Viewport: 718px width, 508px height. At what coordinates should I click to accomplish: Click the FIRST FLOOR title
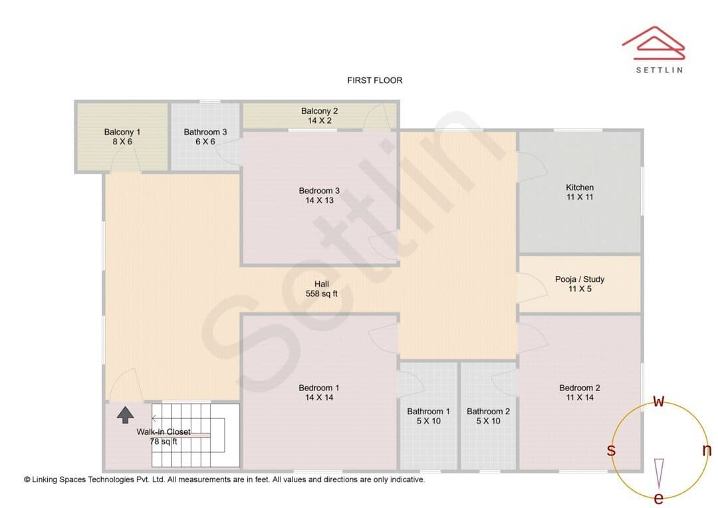tap(374, 80)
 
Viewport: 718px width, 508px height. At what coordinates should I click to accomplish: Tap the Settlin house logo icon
tap(654, 43)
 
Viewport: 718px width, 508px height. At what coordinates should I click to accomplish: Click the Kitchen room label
tap(580, 188)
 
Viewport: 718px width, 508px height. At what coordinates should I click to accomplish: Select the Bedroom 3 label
tap(319, 191)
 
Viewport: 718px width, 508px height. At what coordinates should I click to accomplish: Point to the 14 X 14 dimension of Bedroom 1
tap(319, 398)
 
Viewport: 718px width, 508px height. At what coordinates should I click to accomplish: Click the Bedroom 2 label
tap(580, 388)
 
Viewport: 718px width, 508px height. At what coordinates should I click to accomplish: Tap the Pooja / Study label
tap(580, 279)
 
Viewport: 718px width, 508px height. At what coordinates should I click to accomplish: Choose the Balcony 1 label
tap(122, 132)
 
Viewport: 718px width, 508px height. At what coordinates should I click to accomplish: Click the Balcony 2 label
tap(320, 111)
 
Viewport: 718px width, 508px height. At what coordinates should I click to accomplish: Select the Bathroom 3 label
tap(205, 132)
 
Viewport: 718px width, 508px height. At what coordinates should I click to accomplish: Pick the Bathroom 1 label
tap(429, 412)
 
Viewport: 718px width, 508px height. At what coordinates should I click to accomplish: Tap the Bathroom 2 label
tap(488, 412)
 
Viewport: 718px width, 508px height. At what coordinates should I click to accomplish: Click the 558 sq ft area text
tap(322, 294)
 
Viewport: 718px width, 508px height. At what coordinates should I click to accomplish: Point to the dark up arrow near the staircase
tap(126, 414)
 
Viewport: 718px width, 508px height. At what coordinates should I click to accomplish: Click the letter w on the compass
tap(658, 402)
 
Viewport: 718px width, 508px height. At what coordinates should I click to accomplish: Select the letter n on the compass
tap(707, 450)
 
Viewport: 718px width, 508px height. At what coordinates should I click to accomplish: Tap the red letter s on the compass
tap(611, 450)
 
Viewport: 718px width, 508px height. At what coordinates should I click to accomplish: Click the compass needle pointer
tap(659, 473)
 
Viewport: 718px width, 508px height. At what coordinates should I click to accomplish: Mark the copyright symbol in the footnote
tap(27, 479)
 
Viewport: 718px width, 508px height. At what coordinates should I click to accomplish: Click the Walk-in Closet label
tap(164, 432)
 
